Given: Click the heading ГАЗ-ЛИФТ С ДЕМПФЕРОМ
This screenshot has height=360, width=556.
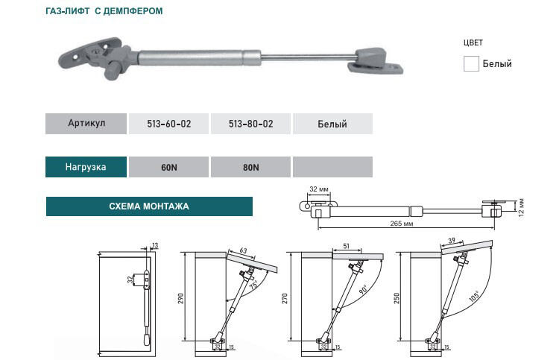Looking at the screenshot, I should (104, 12).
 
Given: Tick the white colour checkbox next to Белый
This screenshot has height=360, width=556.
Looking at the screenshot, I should (470, 63).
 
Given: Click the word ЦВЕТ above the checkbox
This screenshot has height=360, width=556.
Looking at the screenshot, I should (473, 43).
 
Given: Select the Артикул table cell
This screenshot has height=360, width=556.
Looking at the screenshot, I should (86, 124).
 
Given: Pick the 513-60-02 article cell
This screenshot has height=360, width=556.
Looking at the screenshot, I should (169, 124).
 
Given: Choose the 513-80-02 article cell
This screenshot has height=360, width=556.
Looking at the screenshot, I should (251, 124).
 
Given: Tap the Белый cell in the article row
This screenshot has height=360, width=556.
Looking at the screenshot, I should (332, 124).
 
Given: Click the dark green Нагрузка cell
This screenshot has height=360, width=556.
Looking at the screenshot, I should (86, 167).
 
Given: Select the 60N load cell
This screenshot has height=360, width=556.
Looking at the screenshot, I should (169, 167).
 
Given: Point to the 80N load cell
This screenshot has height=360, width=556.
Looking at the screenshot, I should (251, 167).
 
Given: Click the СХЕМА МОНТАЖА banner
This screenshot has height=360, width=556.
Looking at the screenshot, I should (149, 206).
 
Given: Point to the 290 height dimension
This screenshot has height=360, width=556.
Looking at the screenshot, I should (180, 297).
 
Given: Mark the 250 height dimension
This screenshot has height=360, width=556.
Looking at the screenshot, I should (397, 298).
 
